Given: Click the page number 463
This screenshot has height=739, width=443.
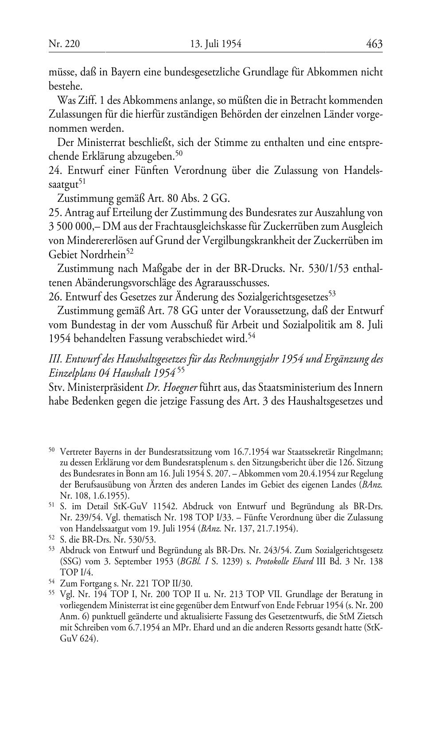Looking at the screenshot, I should (374, 43).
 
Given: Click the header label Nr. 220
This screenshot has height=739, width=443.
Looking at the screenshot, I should (64, 44).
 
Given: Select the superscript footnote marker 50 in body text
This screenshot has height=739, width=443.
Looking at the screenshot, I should (179, 153).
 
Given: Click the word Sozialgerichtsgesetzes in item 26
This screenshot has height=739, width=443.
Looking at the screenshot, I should (284, 296).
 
